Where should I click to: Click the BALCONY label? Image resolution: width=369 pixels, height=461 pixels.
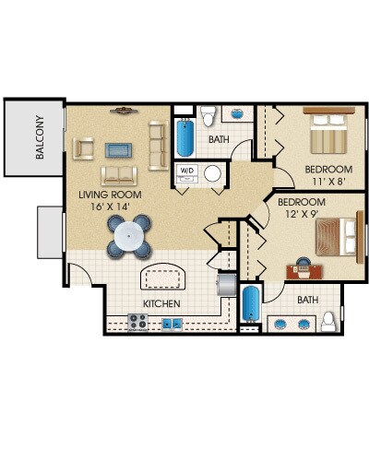click(40, 137)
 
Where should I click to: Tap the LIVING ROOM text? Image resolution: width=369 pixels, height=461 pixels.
click(110, 195)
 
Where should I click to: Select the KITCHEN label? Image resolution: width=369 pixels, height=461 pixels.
click(161, 303)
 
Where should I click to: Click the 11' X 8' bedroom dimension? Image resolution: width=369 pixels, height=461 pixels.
click(327, 182)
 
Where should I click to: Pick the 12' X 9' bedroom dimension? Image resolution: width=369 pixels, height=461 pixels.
click(302, 214)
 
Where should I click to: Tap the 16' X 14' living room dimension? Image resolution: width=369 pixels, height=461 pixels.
click(110, 207)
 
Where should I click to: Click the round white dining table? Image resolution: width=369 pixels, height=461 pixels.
click(129, 236)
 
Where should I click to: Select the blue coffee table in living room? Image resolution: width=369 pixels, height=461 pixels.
click(118, 150)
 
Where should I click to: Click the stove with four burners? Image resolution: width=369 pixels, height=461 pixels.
click(137, 323)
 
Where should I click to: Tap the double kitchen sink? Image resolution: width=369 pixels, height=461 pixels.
click(173, 325)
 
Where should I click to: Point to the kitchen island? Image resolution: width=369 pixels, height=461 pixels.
click(163, 277)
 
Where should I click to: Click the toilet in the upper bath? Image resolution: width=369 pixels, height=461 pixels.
click(208, 116)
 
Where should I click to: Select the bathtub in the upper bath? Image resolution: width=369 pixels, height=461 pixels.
click(185, 137)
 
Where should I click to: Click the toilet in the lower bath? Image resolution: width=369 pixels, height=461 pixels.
click(328, 322)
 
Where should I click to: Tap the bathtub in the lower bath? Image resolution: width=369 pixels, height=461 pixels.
click(251, 304)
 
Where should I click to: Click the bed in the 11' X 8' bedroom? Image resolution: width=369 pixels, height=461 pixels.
click(328, 130)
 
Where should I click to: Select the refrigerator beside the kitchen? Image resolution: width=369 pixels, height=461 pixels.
click(226, 285)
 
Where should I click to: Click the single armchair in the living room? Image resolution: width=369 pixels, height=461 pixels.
click(83, 148)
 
